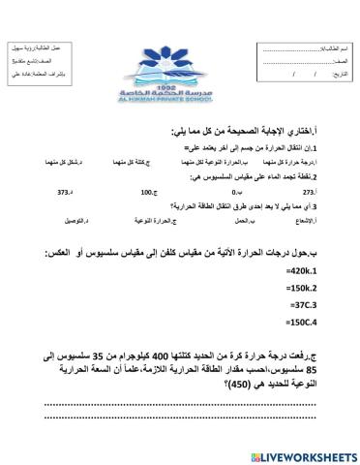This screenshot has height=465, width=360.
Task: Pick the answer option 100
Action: (x=147, y=193)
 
